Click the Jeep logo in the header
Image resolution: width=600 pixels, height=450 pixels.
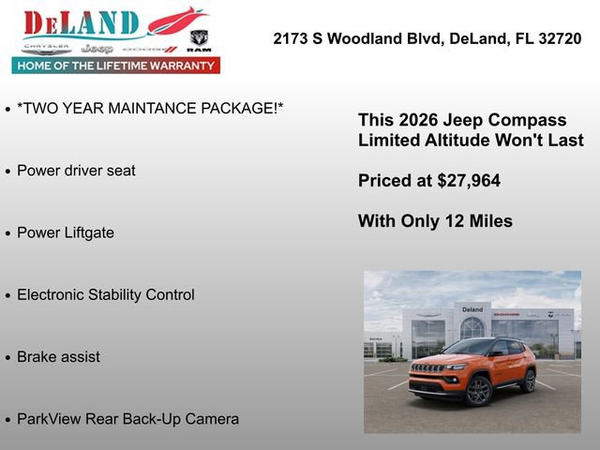(97, 48)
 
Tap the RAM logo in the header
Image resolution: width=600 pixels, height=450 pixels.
(199, 40)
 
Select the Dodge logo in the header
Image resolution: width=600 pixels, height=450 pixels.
(149, 48)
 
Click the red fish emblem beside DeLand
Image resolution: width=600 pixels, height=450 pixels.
(177, 21)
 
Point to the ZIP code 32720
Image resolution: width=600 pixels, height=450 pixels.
(561, 38)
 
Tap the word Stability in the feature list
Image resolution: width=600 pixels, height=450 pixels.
(120, 294)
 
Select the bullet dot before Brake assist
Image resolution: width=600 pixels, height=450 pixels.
(8, 358)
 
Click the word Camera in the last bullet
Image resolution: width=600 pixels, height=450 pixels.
(212, 419)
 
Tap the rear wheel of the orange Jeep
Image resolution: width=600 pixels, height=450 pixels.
(530, 381)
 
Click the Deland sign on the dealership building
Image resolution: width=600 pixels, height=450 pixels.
(472, 309)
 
